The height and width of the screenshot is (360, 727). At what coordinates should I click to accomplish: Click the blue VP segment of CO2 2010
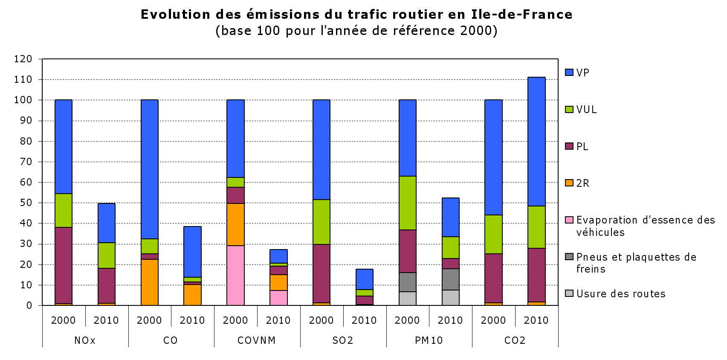pyautogui.click(x=536, y=141)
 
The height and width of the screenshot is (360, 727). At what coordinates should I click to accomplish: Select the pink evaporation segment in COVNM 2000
pyautogui.click(x=235, y=276)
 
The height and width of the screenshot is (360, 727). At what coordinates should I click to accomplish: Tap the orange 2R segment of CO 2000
pyautogui.click(x=149, y=282)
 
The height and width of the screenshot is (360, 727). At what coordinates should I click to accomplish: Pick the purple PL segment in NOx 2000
pyautogui.click(x=64, y=265)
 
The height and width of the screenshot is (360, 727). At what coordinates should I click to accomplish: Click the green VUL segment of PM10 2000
pyautogui.click(x=407, y=203)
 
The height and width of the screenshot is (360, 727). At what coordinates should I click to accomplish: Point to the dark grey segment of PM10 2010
pyautogui.click(x=450, y=279)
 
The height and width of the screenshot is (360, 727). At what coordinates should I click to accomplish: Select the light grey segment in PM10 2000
pyautogui.click(x=407, y=299)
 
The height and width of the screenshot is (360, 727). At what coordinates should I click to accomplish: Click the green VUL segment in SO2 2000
pyautogui.click(x=321, y=222)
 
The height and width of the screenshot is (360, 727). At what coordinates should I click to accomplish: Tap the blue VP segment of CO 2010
pyautogui.click(x=192, y=252)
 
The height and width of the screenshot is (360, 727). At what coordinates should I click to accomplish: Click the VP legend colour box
pyautogui.click(x=569, y=73)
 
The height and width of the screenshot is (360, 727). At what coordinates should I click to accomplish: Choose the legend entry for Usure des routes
pyautogui.click(x=620, y=293)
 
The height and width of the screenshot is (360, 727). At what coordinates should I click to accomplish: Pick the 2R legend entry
pyautogui.click(x=582, y=183)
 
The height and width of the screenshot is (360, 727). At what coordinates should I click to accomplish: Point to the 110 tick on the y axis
pyautogui.click(x=23, y=79)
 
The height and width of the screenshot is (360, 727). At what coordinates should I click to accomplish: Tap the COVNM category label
pyautogui.click(x=257, y=340)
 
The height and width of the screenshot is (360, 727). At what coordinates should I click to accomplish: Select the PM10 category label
pyautogui.click(x=429, y=340)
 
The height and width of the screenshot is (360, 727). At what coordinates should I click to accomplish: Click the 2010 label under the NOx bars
pyautogui.click(x=106, y=320)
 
